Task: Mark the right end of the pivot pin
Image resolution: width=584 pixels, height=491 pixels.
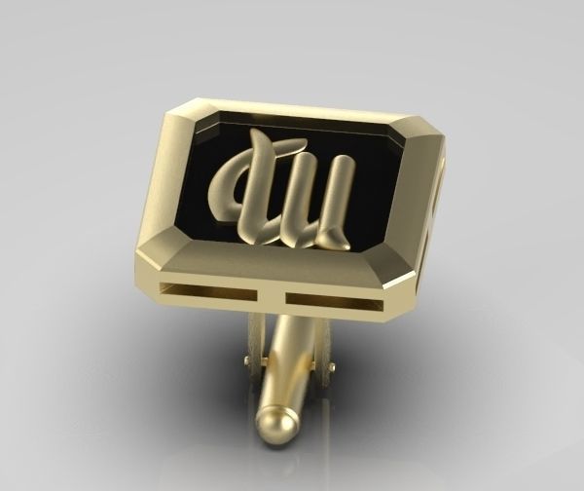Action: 332,367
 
